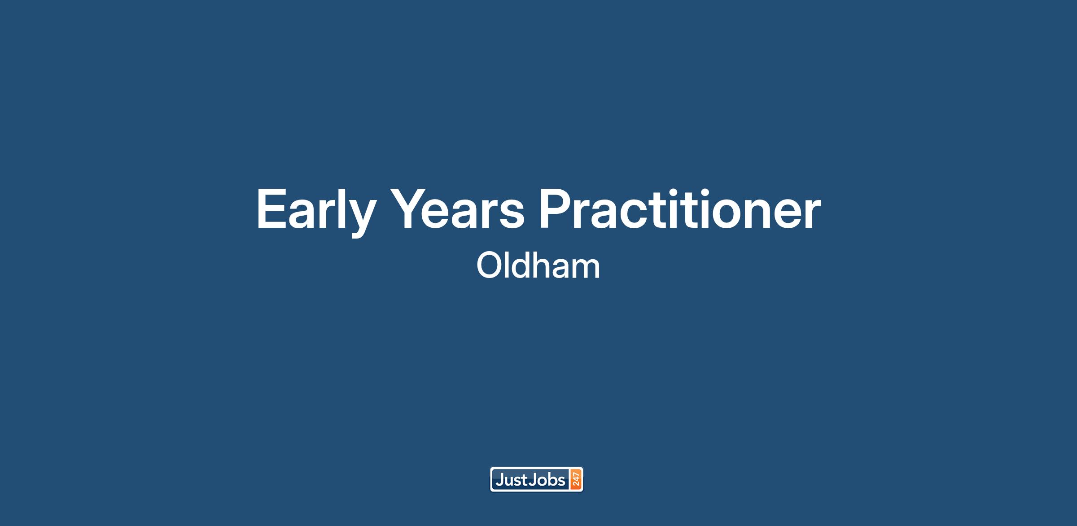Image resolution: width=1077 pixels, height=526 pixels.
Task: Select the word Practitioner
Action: [680, 209]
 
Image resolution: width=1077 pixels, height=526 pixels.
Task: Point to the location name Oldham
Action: [538, 265]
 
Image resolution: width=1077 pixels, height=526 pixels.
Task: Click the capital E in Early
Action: [271, 209]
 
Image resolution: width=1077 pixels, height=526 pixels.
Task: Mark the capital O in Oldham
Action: [489, 266]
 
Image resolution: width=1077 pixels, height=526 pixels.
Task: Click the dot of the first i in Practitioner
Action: [689, 191]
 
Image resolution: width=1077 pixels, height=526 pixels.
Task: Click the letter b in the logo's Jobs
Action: [552, 480]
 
